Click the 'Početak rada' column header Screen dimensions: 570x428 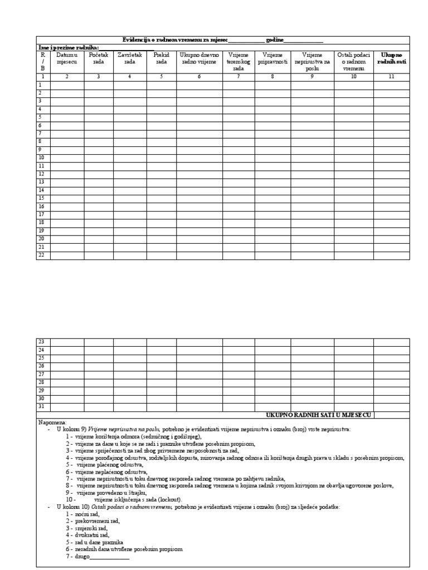coord(99,58)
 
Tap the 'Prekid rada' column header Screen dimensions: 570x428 coord(161,58)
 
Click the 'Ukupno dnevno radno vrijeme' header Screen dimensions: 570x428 coord(199,58)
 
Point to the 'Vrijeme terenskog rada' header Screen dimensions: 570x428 coord(238,62)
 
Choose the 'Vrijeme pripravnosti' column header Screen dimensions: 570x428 coord(273,58)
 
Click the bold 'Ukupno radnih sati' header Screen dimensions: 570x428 coord(391,58)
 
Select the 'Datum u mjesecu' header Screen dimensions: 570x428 coord(67,58)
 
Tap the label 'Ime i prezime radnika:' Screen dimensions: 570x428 coord(67,47)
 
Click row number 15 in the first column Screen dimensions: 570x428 coord(41,198)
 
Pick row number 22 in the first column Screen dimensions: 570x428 coord(41,255)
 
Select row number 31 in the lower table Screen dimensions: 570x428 coord(41,406)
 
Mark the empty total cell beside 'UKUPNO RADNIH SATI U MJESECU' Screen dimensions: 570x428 coord(391,415)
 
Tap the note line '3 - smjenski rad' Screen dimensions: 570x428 coord(86,527)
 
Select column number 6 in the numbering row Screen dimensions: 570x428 coord(199,76)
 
